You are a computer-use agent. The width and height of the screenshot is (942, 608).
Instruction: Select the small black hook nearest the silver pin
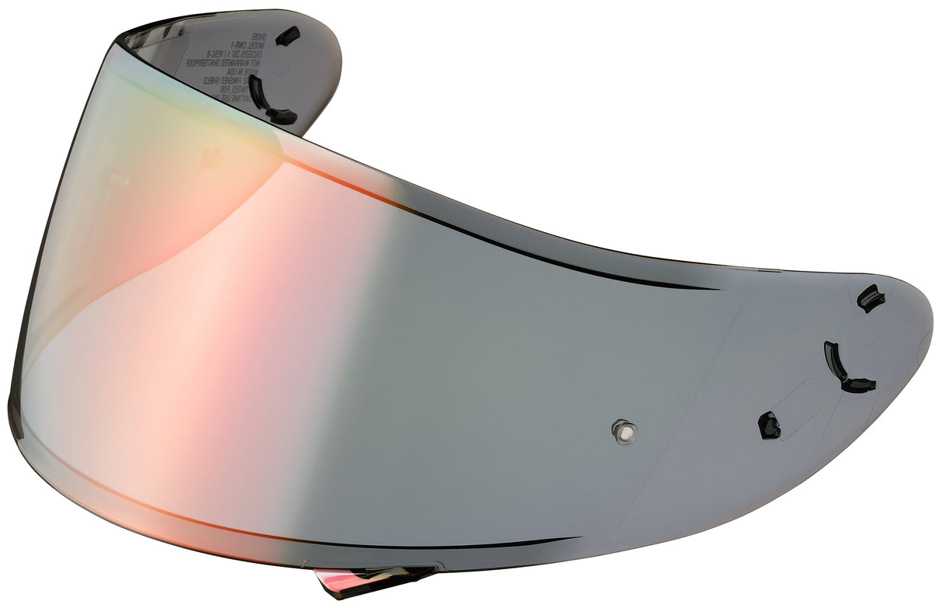(769, 425)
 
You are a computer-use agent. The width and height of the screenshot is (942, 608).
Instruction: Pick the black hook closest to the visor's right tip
(871, 297)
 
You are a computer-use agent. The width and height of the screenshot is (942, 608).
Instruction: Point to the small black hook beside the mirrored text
(289, 35)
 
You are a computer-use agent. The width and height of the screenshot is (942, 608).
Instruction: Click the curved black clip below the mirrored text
(267, 102)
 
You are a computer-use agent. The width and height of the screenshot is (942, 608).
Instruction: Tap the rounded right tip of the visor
(928, 342)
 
